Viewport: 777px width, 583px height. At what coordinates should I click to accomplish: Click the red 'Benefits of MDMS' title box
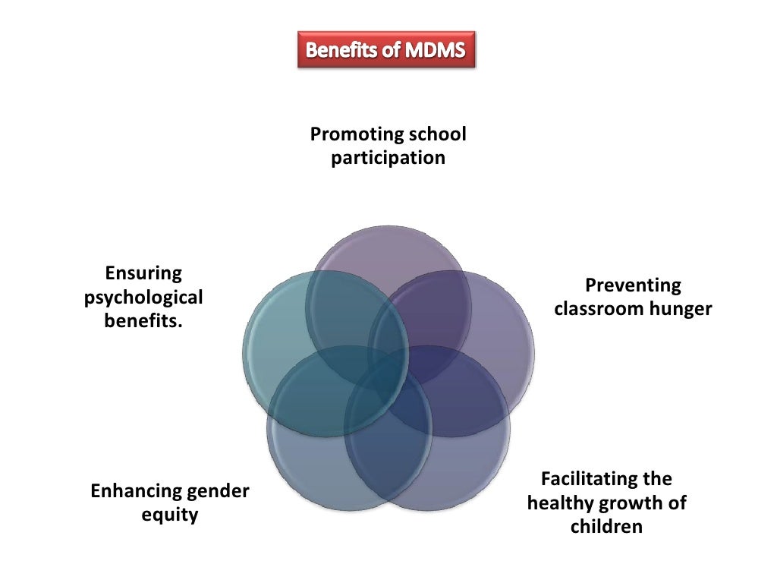(x=386, y=51)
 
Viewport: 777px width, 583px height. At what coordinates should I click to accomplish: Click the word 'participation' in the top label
(x=388, y=159)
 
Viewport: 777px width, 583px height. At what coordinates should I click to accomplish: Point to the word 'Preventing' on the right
(x=633, y=286)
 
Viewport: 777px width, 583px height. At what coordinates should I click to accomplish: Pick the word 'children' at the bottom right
(x=606, y=527)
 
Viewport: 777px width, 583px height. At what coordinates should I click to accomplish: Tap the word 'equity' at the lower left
(x=170, y=516)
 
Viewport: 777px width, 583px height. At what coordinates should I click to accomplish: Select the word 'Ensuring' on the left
(x=143, y=273)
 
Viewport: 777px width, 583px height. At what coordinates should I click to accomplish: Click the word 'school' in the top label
(x=437, y=135)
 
